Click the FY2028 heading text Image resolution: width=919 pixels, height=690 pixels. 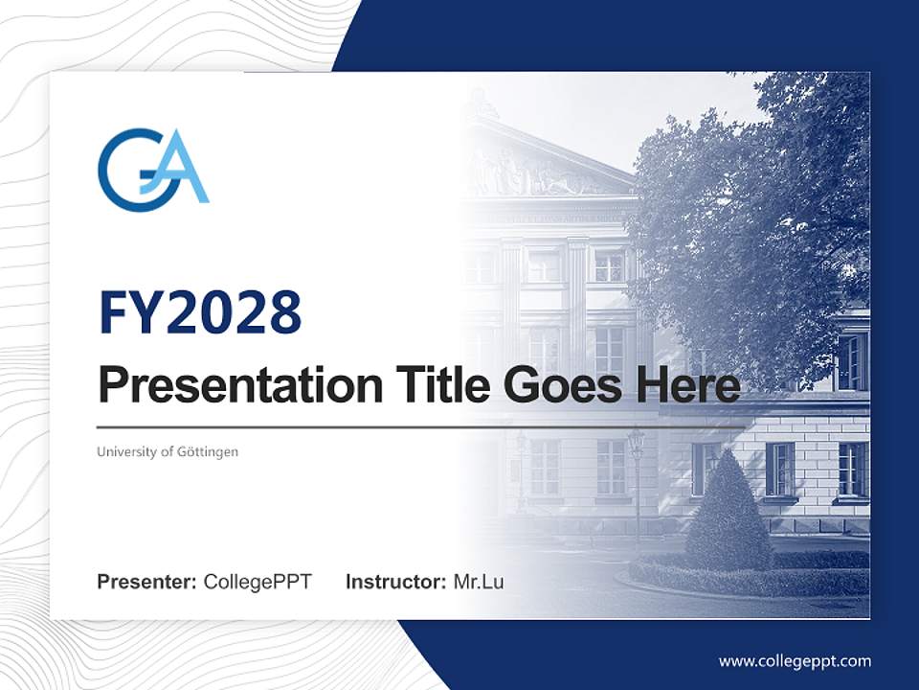199,313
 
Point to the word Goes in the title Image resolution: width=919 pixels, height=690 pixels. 559,386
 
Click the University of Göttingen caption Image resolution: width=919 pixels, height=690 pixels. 167,451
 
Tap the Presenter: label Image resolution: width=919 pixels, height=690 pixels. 146,582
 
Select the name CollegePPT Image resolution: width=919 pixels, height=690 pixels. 258,582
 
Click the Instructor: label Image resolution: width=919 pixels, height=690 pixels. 395,582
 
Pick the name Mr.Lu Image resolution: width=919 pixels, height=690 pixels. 479,582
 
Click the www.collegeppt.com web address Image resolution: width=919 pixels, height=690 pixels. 795,661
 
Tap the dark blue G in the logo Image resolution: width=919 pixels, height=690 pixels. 124,171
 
